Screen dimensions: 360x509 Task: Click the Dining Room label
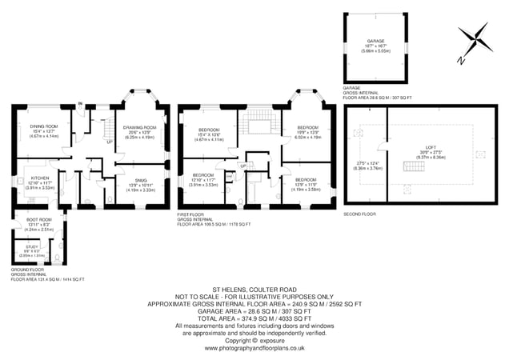tap(44, 126)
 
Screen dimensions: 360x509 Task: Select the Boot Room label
tap(38, 219)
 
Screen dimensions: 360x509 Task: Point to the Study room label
tap(32, 247)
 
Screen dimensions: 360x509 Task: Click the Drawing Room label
tap(139, 127)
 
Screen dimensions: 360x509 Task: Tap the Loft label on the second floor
tap(431, 148)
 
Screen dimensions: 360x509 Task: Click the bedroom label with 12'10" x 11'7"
tap(202, 175)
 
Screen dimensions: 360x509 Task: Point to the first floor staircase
tap(259, 124)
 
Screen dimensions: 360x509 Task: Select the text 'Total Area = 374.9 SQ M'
tap(254, 317)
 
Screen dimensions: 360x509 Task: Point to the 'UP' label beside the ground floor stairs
tap(109, 142)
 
